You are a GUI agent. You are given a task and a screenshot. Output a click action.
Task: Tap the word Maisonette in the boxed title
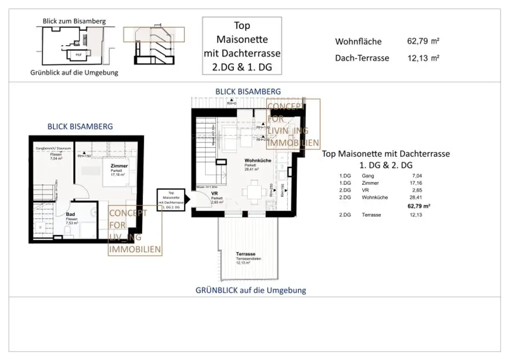(x=242, y=39)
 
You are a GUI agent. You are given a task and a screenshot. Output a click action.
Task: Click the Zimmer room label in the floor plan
(x=119, y=166)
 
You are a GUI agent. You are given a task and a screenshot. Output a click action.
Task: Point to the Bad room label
(x=70, y=215)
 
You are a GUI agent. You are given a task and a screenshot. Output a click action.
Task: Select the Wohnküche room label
(x=257, y=161)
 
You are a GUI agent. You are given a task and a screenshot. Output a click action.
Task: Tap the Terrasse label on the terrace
(x=246, y=254)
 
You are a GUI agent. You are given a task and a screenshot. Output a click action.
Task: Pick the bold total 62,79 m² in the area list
(x=419, y=206)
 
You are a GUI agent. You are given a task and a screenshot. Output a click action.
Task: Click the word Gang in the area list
(x=367, y=176)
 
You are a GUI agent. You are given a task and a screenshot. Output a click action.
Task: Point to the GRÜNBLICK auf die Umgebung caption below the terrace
(x=251, y=290)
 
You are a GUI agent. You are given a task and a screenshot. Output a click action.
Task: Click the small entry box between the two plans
(x=171, y=200)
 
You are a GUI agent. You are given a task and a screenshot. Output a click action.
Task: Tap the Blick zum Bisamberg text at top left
(x=75, y=21)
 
